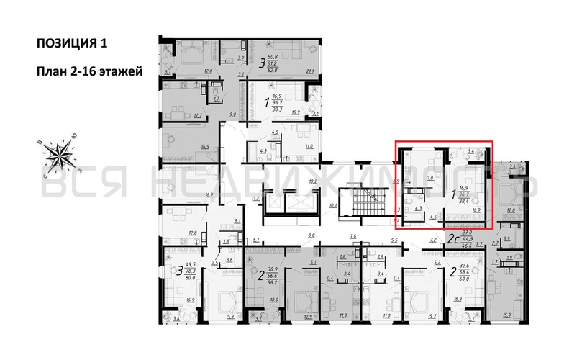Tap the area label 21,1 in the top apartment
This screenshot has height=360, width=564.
[311, 71]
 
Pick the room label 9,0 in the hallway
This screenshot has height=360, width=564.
[233, 114]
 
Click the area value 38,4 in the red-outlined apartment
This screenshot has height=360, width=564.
[464, 202]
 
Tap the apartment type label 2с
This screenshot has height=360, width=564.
[454, 238]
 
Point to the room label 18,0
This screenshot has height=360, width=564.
[273, 300]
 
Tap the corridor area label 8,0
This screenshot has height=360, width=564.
[311, 235]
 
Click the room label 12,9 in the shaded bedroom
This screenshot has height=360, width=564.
[309, 315]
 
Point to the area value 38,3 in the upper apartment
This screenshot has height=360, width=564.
[276, 109]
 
